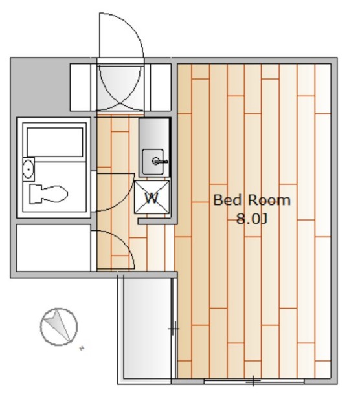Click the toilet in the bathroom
(48, 194)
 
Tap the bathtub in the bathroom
(55, 142)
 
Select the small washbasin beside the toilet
(28, 169)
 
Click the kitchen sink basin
(153, 162)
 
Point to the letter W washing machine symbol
(152, 197)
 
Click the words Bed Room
(252, 200)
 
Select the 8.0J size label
(252, 219)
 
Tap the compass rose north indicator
(59, 327)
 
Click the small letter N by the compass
(82, 349)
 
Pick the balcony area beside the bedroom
(147, 329)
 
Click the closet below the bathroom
(53, 248)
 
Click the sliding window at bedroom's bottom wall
(254, 381)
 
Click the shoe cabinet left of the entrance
(81, 87)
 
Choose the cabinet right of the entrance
(161, 87)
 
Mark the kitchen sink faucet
(159, 161)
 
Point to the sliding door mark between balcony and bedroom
(174, 329)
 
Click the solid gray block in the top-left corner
(39, 87)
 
